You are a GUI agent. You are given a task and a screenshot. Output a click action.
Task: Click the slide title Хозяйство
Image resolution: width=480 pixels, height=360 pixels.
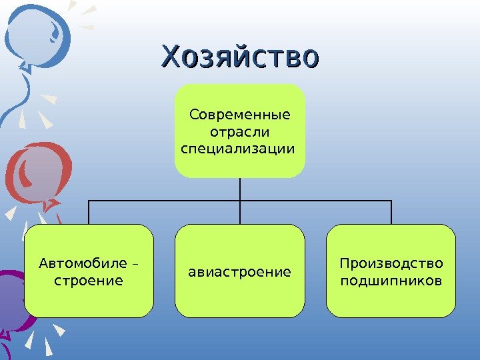tap(241, 56)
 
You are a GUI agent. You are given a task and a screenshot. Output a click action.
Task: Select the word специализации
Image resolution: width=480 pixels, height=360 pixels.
tap(237, 147)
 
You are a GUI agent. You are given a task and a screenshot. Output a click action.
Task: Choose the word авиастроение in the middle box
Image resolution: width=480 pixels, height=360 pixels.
tap(240, 272)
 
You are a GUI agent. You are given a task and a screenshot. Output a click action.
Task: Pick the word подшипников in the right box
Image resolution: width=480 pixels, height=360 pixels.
tap(391, 280)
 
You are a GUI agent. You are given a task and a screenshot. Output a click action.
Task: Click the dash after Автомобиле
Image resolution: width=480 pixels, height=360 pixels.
tap(137, 265)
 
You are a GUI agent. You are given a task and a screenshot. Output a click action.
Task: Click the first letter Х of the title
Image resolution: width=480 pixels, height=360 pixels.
tap(171, 56)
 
